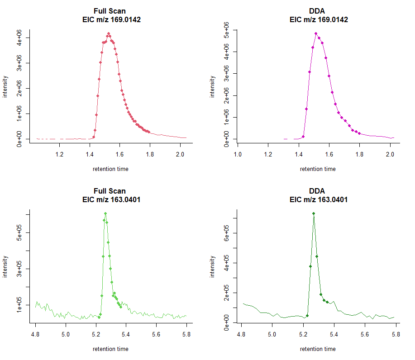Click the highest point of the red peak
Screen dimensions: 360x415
[x=109, y=33]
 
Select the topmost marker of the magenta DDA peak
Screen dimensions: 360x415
[x=316, y=33]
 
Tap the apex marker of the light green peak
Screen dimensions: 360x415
[x=105, y=213]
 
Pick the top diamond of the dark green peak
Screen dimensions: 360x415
[x=313, y=213]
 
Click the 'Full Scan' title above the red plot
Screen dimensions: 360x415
[x=110, y=11]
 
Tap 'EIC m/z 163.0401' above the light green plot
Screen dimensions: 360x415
[x=110, y=199]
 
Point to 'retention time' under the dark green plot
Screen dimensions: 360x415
[x=318, y=349]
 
